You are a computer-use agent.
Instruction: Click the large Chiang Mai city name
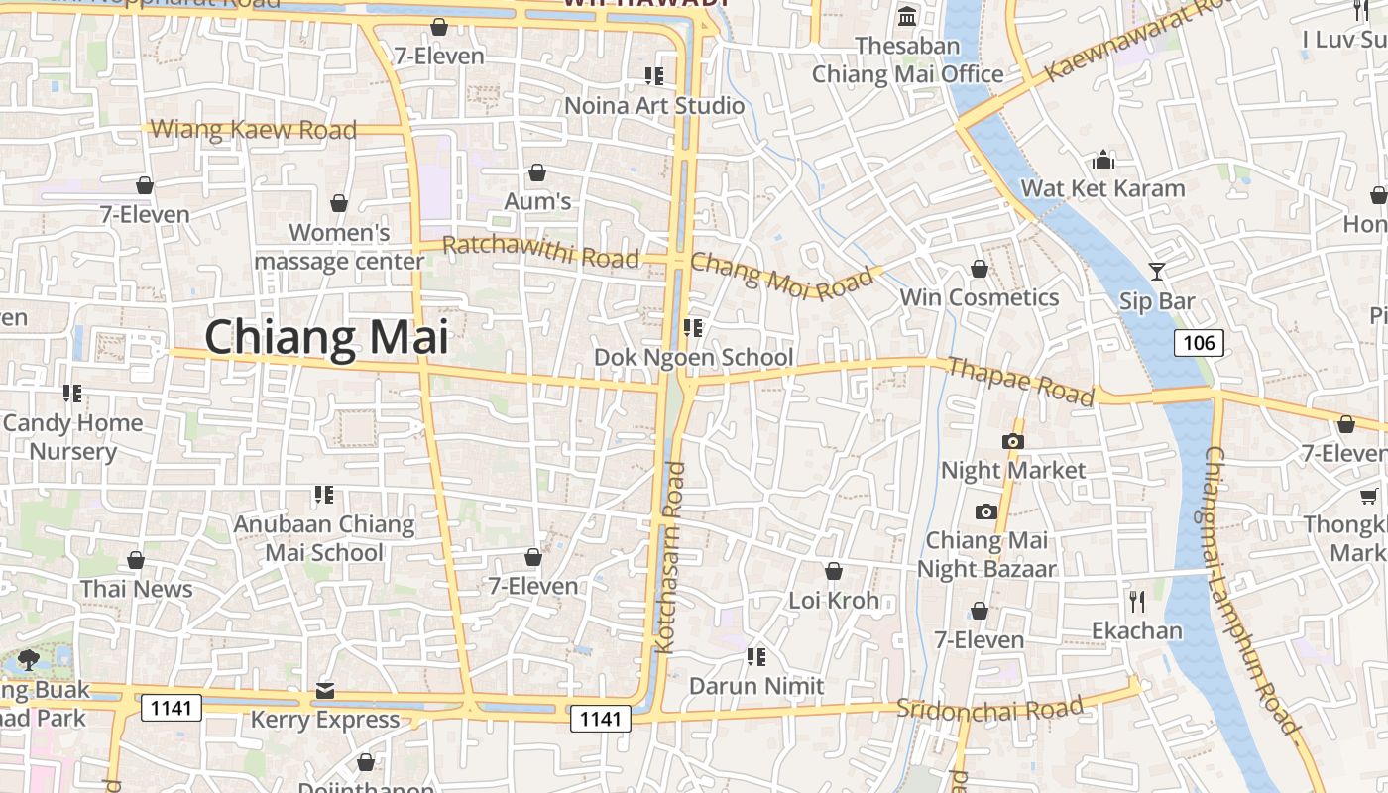coord(326,337)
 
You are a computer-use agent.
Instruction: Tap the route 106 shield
coord(1199,343)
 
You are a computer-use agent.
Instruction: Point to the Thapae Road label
coord(1020,382)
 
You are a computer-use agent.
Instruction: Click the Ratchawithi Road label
coord(540,252)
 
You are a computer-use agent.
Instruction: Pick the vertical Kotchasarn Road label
coord(669,557)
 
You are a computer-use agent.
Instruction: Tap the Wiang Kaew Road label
coord(253,129)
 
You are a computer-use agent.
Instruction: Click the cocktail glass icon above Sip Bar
coord(1156,271)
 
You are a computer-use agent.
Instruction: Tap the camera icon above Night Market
coord(1013,441)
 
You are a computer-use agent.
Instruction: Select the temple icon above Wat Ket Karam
coord(1103,160)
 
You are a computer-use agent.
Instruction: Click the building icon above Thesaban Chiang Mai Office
coord(907,17)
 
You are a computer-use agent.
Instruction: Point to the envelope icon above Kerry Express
coord(325,691)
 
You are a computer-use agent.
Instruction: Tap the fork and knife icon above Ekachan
coord(1136,601)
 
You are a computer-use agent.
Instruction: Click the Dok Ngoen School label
coord(693,357)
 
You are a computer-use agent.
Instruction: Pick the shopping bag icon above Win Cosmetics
coord(980,269)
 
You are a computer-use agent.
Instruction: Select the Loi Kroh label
coord(834,600)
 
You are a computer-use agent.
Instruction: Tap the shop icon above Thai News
coord(136,560)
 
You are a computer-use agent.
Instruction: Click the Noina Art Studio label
coord(654,105)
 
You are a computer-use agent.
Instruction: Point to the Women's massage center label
coord(339,247)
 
